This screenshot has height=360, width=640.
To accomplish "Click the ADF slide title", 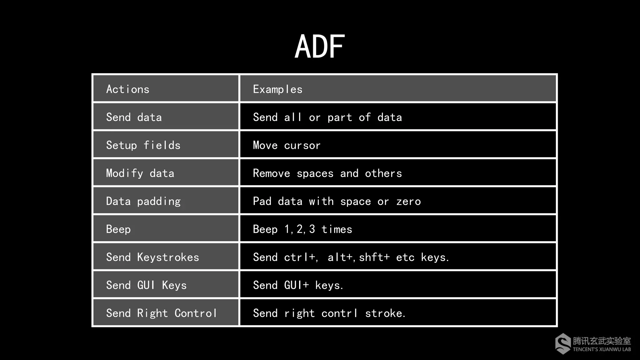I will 320,47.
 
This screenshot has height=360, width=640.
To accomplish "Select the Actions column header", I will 128,89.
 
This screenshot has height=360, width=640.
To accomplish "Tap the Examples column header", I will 277,89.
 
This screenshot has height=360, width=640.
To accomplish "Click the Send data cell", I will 134,117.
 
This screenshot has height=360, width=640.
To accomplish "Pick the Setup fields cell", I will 143,145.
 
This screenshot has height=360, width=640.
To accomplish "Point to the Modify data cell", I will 140,173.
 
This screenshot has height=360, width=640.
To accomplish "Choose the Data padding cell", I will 143,201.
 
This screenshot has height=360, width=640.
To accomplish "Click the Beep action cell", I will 118,229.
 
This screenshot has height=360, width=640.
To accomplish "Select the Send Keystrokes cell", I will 152,257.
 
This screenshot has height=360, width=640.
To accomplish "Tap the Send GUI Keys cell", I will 146,285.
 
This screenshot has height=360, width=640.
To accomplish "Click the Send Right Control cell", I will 162,313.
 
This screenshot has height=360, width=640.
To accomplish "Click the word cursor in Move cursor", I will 302,145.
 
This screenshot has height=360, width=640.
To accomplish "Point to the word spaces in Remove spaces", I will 315,173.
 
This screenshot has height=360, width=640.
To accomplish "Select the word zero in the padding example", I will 408,202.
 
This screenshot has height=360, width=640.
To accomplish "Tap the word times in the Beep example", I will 337,229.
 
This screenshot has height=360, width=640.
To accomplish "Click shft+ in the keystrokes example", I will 374,257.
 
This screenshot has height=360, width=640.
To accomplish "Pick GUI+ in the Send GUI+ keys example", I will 296,285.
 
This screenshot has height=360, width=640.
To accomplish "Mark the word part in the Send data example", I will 340,117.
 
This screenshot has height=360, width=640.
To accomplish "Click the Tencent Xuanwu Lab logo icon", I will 563,344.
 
